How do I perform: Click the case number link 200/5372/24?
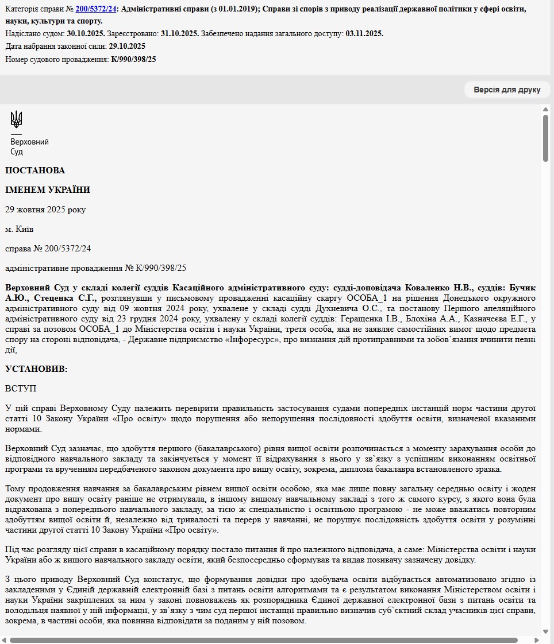[x=95, y=9]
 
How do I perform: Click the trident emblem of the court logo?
[x=17, y=119]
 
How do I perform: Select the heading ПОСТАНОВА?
[x=35, y=170]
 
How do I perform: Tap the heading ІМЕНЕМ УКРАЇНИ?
[x=48, y=190]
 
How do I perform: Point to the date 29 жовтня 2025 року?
[x=45, y=210]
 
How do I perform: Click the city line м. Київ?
[x=20, y=229]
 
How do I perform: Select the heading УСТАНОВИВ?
[x=36, y=369]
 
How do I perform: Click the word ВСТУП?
[x=21, y=389]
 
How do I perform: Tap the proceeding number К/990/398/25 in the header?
[x=133, y=59]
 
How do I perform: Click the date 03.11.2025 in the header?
[x=364, y=34]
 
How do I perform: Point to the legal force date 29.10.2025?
[x=127, y=46]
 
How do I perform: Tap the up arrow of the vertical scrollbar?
[x=545, y=109]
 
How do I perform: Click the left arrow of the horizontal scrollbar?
[x=4, y=639]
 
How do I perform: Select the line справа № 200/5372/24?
[x=48, y=249]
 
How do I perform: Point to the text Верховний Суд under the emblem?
[x=29, y=146]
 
